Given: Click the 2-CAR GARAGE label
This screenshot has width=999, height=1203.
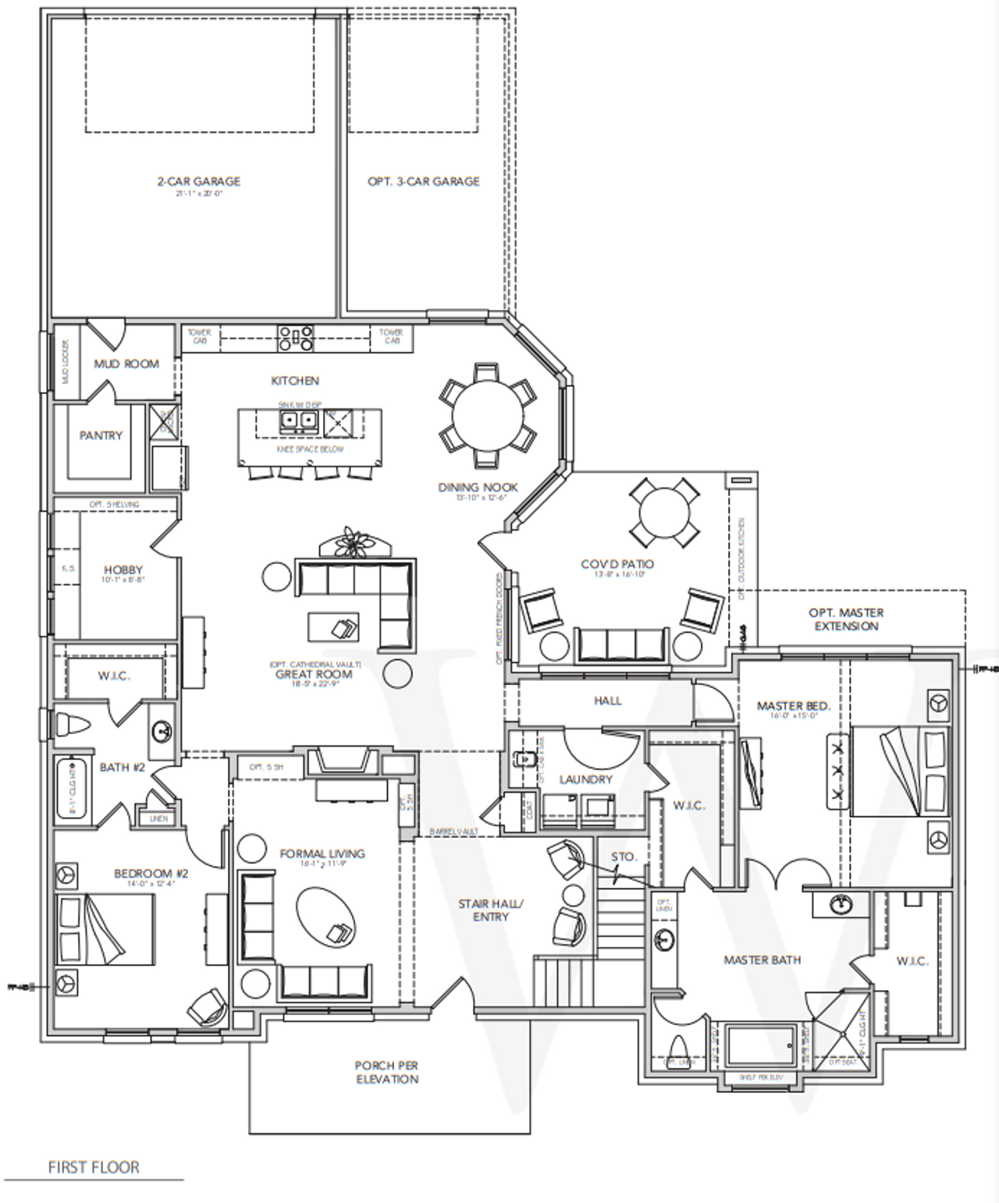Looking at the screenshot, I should point(199,182).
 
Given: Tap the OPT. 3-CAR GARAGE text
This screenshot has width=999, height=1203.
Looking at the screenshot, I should point(424,182).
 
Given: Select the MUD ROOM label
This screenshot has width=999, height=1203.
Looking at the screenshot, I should point(126,364).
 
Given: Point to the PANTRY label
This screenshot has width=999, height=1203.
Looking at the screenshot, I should point(101,435).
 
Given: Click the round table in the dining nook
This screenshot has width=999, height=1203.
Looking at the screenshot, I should point(488,415).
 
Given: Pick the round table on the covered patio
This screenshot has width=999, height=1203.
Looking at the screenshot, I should point(664,513).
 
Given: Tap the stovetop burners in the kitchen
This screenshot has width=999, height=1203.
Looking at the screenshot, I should point(296,338).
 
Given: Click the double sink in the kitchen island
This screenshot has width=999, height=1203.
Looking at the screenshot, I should point(299,422).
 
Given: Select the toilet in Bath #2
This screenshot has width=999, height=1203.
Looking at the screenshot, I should point(73,725).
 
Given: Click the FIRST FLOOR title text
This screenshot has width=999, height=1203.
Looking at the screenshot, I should point(94,1167).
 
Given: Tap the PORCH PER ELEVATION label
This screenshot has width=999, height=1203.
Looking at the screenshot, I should point(387,1072).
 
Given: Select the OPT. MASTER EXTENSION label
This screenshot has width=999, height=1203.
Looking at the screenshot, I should point(846,619).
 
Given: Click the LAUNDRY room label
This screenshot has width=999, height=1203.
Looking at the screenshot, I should point(585,779).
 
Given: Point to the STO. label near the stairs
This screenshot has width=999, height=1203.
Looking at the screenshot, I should point(624,857).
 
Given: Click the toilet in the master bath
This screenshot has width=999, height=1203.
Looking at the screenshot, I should point(677,1048).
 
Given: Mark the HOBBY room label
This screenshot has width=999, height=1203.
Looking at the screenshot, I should point(123,570).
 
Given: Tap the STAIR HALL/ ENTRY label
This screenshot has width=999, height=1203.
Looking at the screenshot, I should point(490,910).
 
